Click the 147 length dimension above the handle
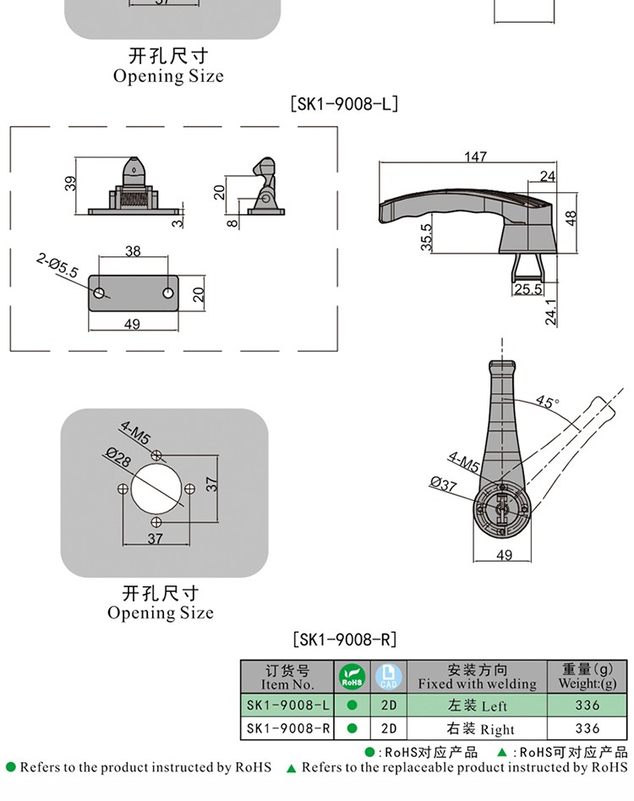tap(476, 156)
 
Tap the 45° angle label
tap(547, 403)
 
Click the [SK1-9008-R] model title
tap(344, 639)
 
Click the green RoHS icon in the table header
tap(351, 677)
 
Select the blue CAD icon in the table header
tap(388, 676)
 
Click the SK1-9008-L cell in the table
tap(287, 705)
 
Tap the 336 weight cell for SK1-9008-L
tap(587, 705)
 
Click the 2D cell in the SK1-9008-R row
tap(388, 728)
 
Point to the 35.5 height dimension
tap(427, 236)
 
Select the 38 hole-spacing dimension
tap(133, 251)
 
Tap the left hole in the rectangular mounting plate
tap(101, 294)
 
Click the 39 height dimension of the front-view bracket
tap(70, 182)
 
